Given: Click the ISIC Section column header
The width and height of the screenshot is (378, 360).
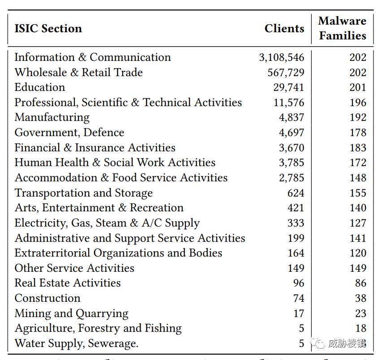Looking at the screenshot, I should tap(48, 29).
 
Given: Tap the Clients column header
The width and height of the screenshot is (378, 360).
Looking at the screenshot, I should tap(284, 29).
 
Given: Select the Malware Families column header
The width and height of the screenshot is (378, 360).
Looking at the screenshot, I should tap(342, 28).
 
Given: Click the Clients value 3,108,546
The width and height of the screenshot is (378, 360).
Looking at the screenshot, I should tap(281, 57).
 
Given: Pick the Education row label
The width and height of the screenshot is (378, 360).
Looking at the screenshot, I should tap(40, 87).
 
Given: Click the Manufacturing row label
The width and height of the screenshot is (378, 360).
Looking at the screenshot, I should tap(52, 117).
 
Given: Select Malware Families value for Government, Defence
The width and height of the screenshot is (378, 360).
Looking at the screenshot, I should tap(358, 133).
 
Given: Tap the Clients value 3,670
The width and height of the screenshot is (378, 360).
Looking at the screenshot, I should tap(292, 148).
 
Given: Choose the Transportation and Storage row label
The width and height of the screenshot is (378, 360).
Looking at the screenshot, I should tap(83, 193).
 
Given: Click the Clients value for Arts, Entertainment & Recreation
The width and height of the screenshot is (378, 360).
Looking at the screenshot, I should tap(296, 208).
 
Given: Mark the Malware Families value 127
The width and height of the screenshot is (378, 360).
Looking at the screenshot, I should tap(358, 223).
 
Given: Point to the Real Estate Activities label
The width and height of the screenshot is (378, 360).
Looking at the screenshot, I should tap(68, 283).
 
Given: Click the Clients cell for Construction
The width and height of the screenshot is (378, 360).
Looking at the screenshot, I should tap(299, 298).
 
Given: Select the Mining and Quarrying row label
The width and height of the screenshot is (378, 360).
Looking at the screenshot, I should tap(71, 313).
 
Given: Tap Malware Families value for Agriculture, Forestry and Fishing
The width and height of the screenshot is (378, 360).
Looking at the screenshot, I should tap(361, 328).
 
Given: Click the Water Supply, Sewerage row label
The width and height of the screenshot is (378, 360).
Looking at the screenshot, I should tap(76, 343).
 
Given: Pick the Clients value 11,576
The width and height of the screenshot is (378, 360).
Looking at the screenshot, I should tap(289, 103).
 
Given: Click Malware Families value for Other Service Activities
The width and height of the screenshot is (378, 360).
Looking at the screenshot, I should tap(358, 268).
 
